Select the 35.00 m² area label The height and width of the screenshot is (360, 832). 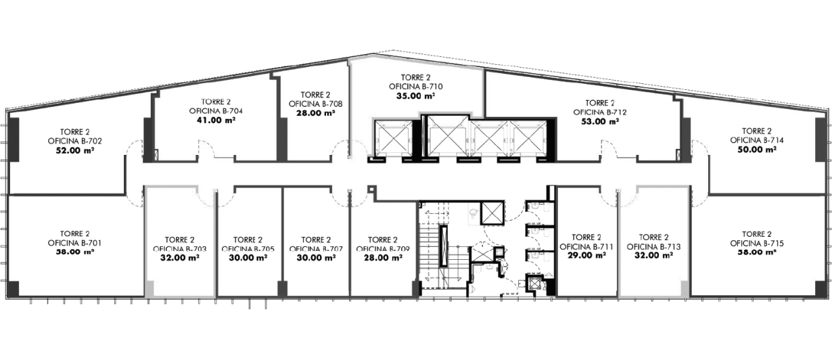(415, 96)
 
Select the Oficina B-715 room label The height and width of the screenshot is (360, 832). (756, 242)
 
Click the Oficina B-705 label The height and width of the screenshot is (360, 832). (247, 248)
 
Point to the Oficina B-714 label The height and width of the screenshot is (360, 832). (756, 139)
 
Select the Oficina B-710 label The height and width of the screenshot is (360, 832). (415, 87)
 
